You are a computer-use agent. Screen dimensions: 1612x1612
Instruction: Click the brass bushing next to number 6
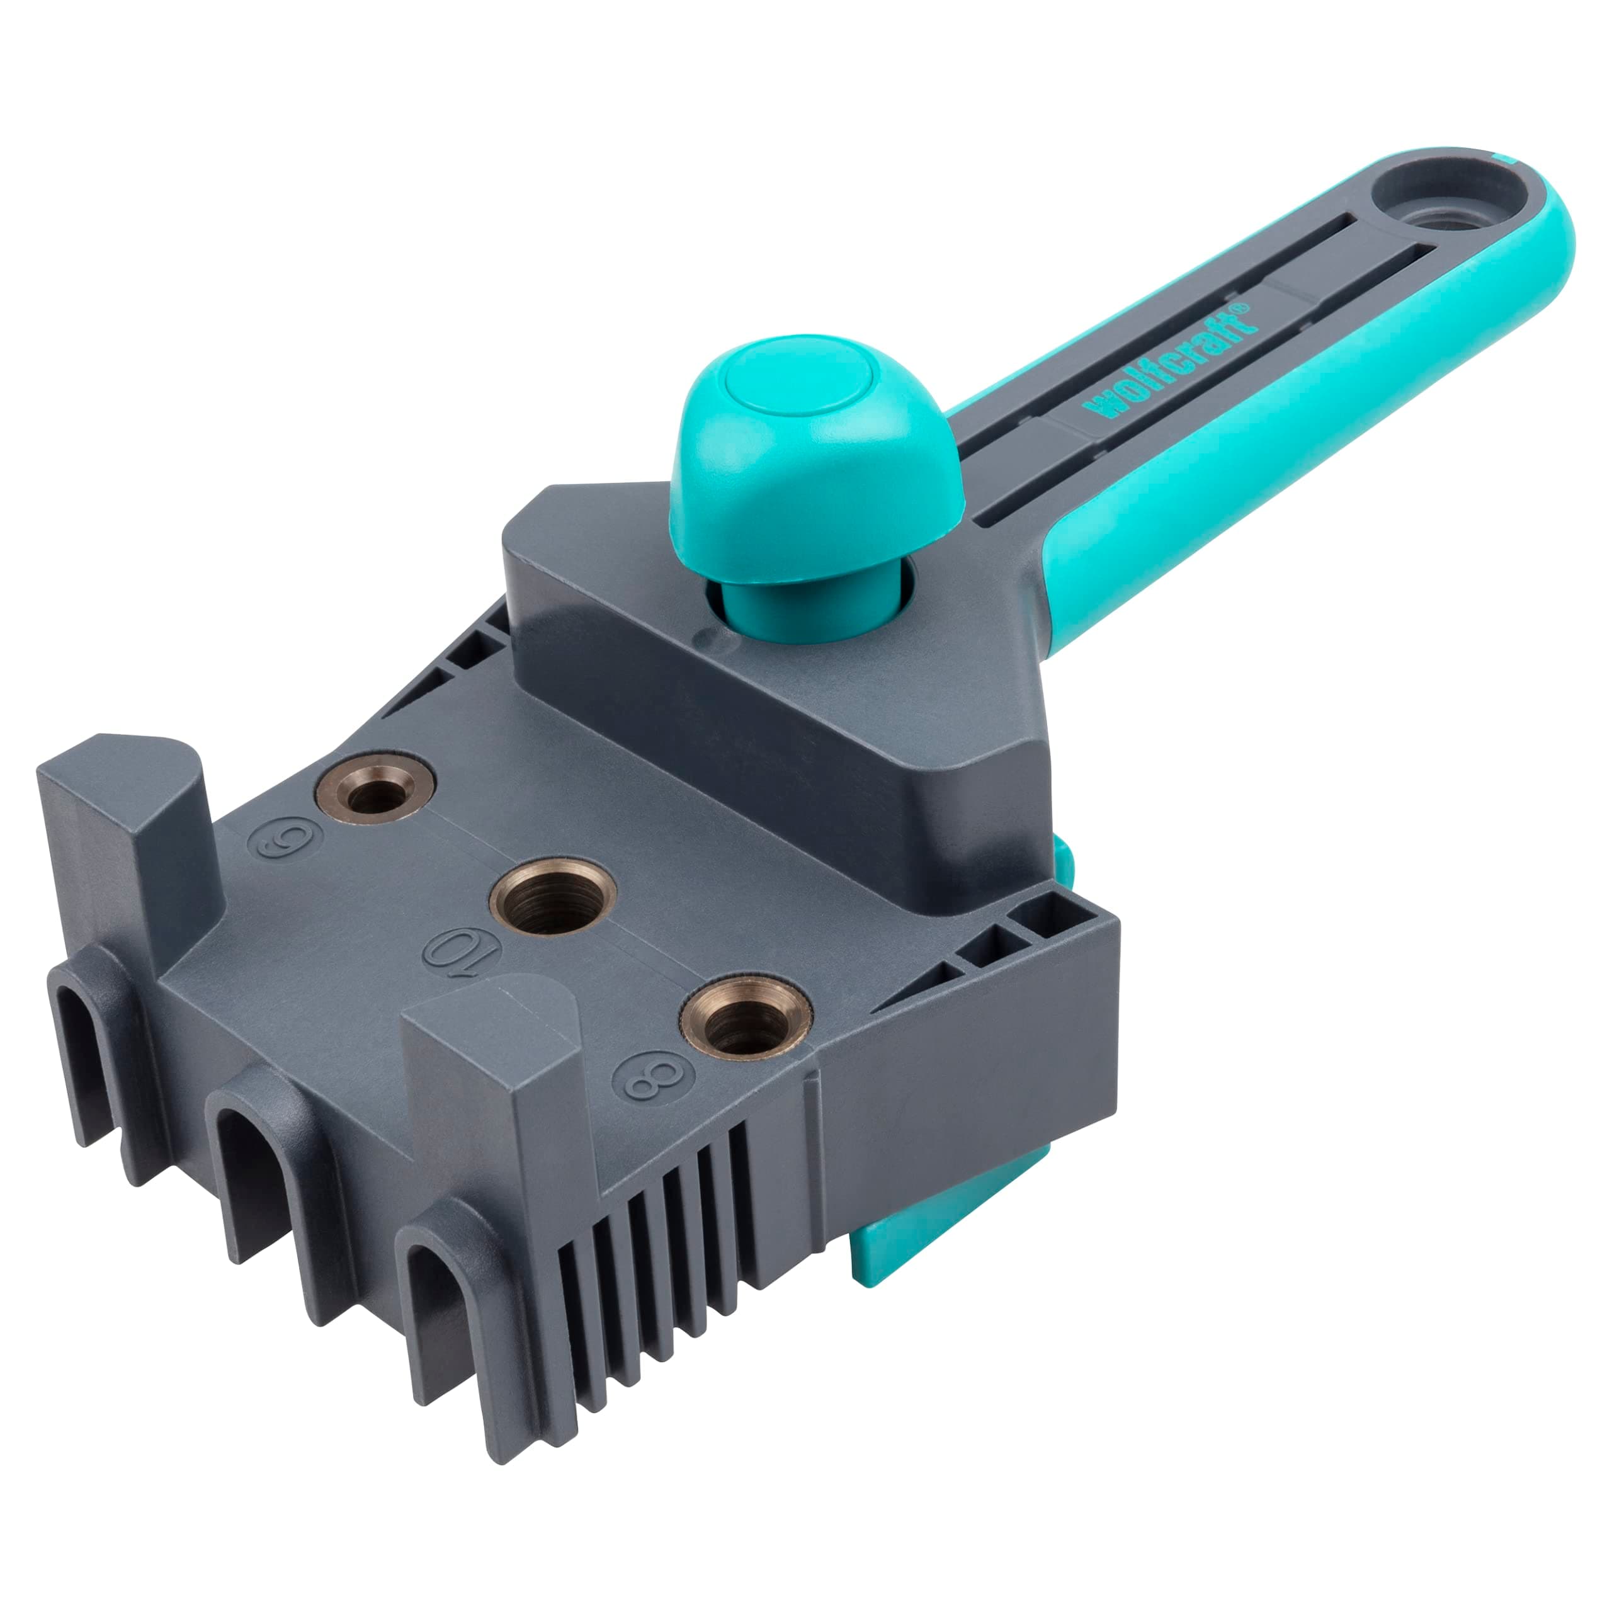375,789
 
